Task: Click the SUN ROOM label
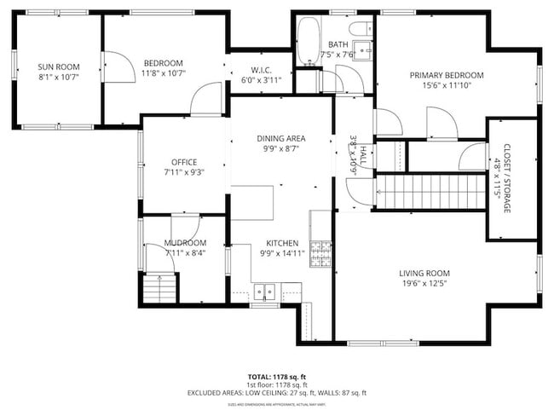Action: tap(56, 65)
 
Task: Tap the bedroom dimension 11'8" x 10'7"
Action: tap(164, 74)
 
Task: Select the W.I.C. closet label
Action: tap(261, 70)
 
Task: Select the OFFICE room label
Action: tap(184, 162)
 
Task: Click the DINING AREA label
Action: tap(281, 138)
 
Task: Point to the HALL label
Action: tap(362, 154)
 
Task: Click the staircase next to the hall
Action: tap(430, 192)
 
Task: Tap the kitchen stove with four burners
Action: tap(321, 253)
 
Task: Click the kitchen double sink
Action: tap(265, 292)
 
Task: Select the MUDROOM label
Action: tap(185, 242)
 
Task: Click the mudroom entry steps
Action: tap(159, 290)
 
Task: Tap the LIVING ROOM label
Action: tap(424, 273)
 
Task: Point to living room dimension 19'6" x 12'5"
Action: tap(424, 284)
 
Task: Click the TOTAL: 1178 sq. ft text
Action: tap(277, 375)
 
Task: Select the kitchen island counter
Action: tap(254, 202)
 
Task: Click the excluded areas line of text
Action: tap(277, 393)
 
